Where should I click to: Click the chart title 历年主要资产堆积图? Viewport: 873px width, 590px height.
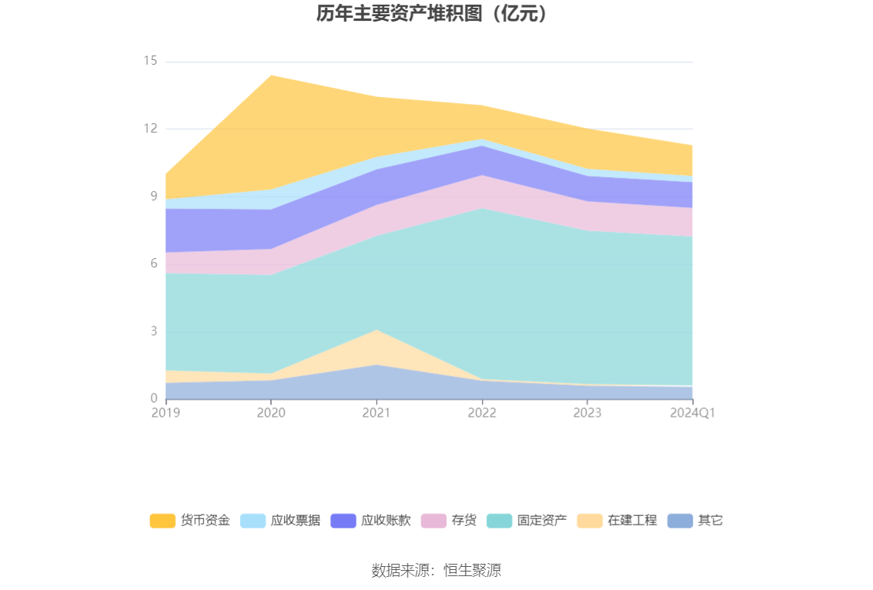pos(436,14)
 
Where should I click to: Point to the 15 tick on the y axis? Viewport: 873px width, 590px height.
pos(150,61)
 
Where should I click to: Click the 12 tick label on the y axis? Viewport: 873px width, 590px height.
pos(150,129)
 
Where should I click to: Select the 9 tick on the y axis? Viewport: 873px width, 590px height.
pos(153,196)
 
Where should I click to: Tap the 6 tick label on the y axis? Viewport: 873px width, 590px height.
pos(153,263)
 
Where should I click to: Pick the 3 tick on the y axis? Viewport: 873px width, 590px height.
pos(153,331)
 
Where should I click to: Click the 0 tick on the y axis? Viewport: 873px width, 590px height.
pos(153,398)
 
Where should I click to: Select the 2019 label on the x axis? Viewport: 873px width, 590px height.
pos(166,413)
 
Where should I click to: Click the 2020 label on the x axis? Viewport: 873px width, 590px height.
pos(271,413)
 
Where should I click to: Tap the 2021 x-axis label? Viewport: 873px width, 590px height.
pos(376,413)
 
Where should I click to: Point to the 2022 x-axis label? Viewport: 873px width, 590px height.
pos(482,413)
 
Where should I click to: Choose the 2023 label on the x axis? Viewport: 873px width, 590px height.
pos(587,413)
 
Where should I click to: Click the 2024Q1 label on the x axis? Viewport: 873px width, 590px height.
pos(693,413)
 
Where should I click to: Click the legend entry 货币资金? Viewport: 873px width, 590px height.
pos(190,521)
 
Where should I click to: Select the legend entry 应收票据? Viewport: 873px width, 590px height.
pos(280,521)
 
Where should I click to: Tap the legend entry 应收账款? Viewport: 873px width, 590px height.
pos(370,521)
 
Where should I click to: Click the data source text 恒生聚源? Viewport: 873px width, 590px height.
pos(436,571)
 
